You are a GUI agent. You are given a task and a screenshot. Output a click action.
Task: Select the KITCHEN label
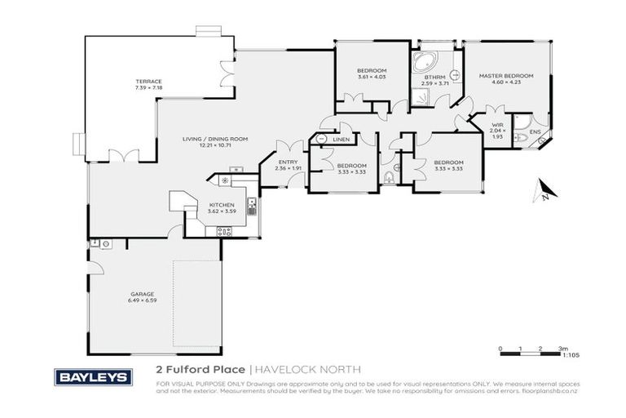click(x=222, y=205)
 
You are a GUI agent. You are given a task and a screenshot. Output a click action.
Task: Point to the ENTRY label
click(x=289, y=162)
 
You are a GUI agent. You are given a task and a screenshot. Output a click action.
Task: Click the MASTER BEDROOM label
click(x=505, y=76)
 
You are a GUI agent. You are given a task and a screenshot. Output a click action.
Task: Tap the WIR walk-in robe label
click(x=497, y=124)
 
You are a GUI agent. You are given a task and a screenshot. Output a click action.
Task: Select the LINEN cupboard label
click(x=342, y=140)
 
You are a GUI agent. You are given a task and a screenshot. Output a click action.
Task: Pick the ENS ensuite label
click(x=535, y=131)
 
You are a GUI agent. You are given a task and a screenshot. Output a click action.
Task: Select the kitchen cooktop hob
click(x=222, y=231)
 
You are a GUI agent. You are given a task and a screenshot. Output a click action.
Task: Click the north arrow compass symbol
click(x=544, y=193)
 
